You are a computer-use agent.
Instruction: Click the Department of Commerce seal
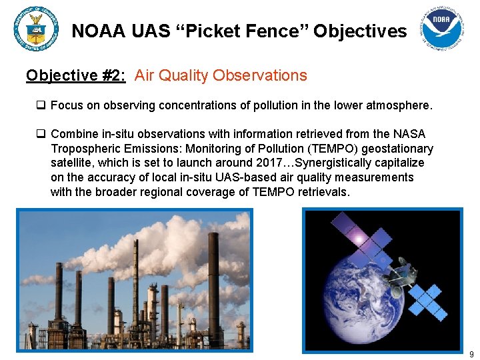point(35,28)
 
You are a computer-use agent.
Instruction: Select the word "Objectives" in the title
point(360,31)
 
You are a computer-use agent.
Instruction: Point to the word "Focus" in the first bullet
point(66,105)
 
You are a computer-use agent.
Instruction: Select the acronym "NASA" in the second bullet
point(409,134)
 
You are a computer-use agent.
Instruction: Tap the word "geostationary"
point(401,149)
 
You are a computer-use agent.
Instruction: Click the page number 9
point(471,354)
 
